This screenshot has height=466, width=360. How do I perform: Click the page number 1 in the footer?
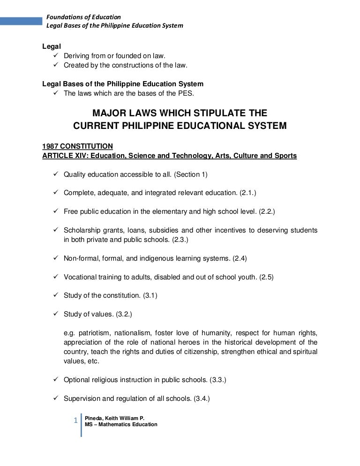click(x=75, y=421)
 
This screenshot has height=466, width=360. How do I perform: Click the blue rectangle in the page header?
click(x=21, y=21)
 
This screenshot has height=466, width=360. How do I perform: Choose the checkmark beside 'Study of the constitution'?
click(x=55, y=295)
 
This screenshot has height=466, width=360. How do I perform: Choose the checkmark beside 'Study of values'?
click(x=55, y=314)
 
